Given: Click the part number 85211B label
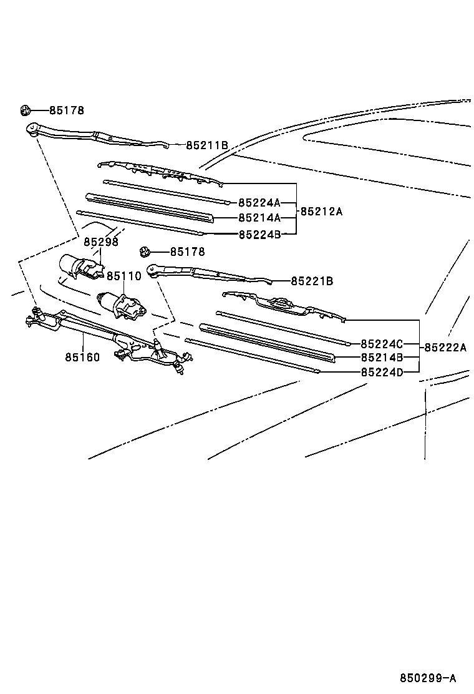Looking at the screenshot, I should point(206,145).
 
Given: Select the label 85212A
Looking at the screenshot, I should point(321,212).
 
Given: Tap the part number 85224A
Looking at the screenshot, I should point(259,203).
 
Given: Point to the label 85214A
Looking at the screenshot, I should point(259,218).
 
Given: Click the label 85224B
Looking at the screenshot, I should point(259,235).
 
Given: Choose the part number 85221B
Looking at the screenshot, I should point(312,281).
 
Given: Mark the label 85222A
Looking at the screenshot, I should point(445,348).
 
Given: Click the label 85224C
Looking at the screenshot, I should point(382,344).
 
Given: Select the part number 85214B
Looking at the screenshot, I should point(382,358).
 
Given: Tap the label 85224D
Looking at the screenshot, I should point(382,373).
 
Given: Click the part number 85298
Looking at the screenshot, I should point(101,242).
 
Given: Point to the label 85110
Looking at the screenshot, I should point(123,276).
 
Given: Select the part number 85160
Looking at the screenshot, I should point(82,358).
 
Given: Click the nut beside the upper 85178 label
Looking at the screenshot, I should point(25,111).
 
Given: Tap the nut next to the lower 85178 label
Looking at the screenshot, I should point(145,252).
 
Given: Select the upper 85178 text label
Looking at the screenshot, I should point(66,111).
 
